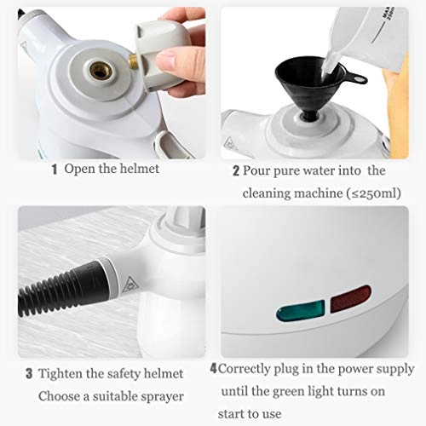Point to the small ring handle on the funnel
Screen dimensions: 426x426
pos(357,80)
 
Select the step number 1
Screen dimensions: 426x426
pos(55,169)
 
